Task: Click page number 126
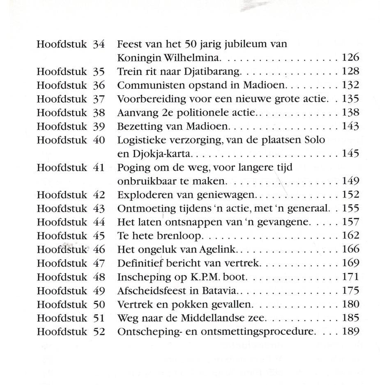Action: coord(350,58)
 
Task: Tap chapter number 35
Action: coord(99,71)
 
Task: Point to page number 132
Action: coord(350,85)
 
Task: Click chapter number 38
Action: coord(99,113)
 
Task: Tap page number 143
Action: coord(350,126)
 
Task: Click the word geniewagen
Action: coord(231,195)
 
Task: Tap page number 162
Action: coord(350,236)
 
